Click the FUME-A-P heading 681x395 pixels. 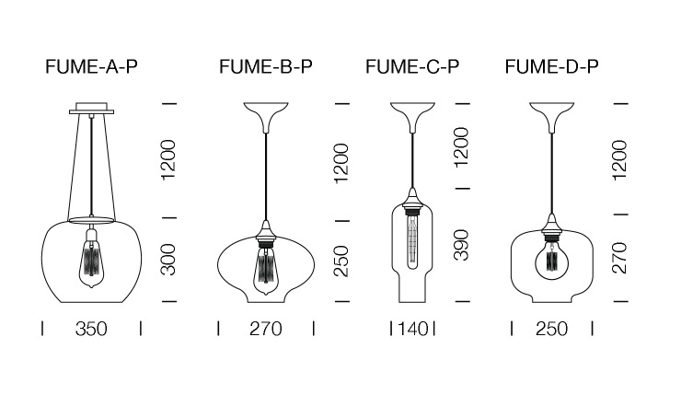point(91,66)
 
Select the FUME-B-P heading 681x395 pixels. point(265,66)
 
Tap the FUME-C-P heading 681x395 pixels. point(412,66)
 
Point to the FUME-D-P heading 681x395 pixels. point(551,66)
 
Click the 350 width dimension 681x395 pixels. point(91,329)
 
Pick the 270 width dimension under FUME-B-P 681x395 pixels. point(265,329)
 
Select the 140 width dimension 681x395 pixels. point(413,329)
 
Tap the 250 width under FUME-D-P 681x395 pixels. point(551,329)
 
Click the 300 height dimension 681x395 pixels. point(168,260)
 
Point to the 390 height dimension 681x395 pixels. point(461,245)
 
